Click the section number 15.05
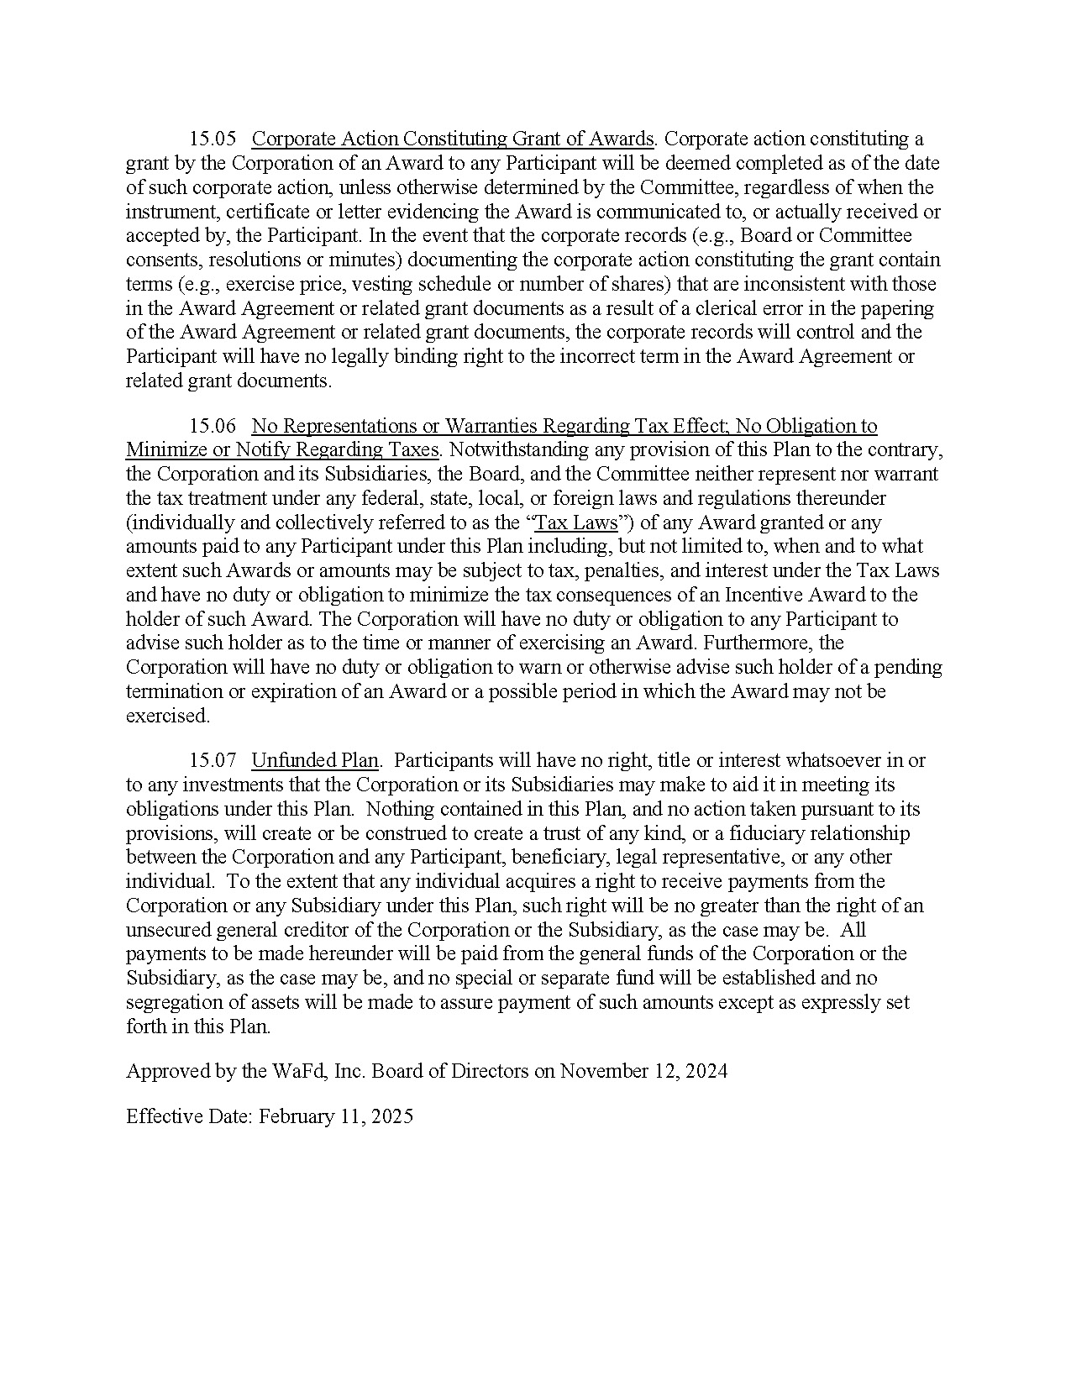tap(213, 139)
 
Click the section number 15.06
tap(213, 427)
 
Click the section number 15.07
tap(213, 761)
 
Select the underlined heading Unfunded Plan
tap(315, 761)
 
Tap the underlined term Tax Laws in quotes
tap(576, 523)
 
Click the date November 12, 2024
tap(643, 1072)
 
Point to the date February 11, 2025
tap(336, 1117)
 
